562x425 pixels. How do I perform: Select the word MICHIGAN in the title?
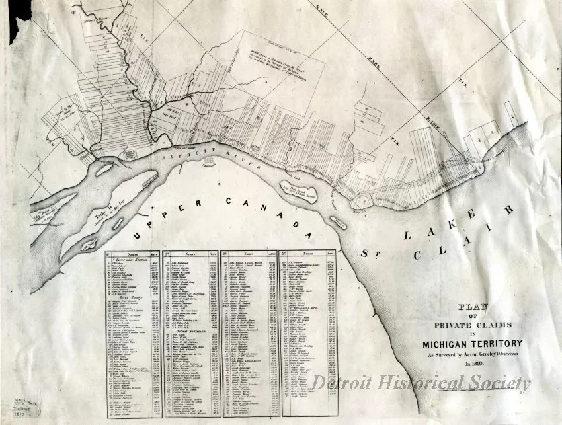click(450, 344)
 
